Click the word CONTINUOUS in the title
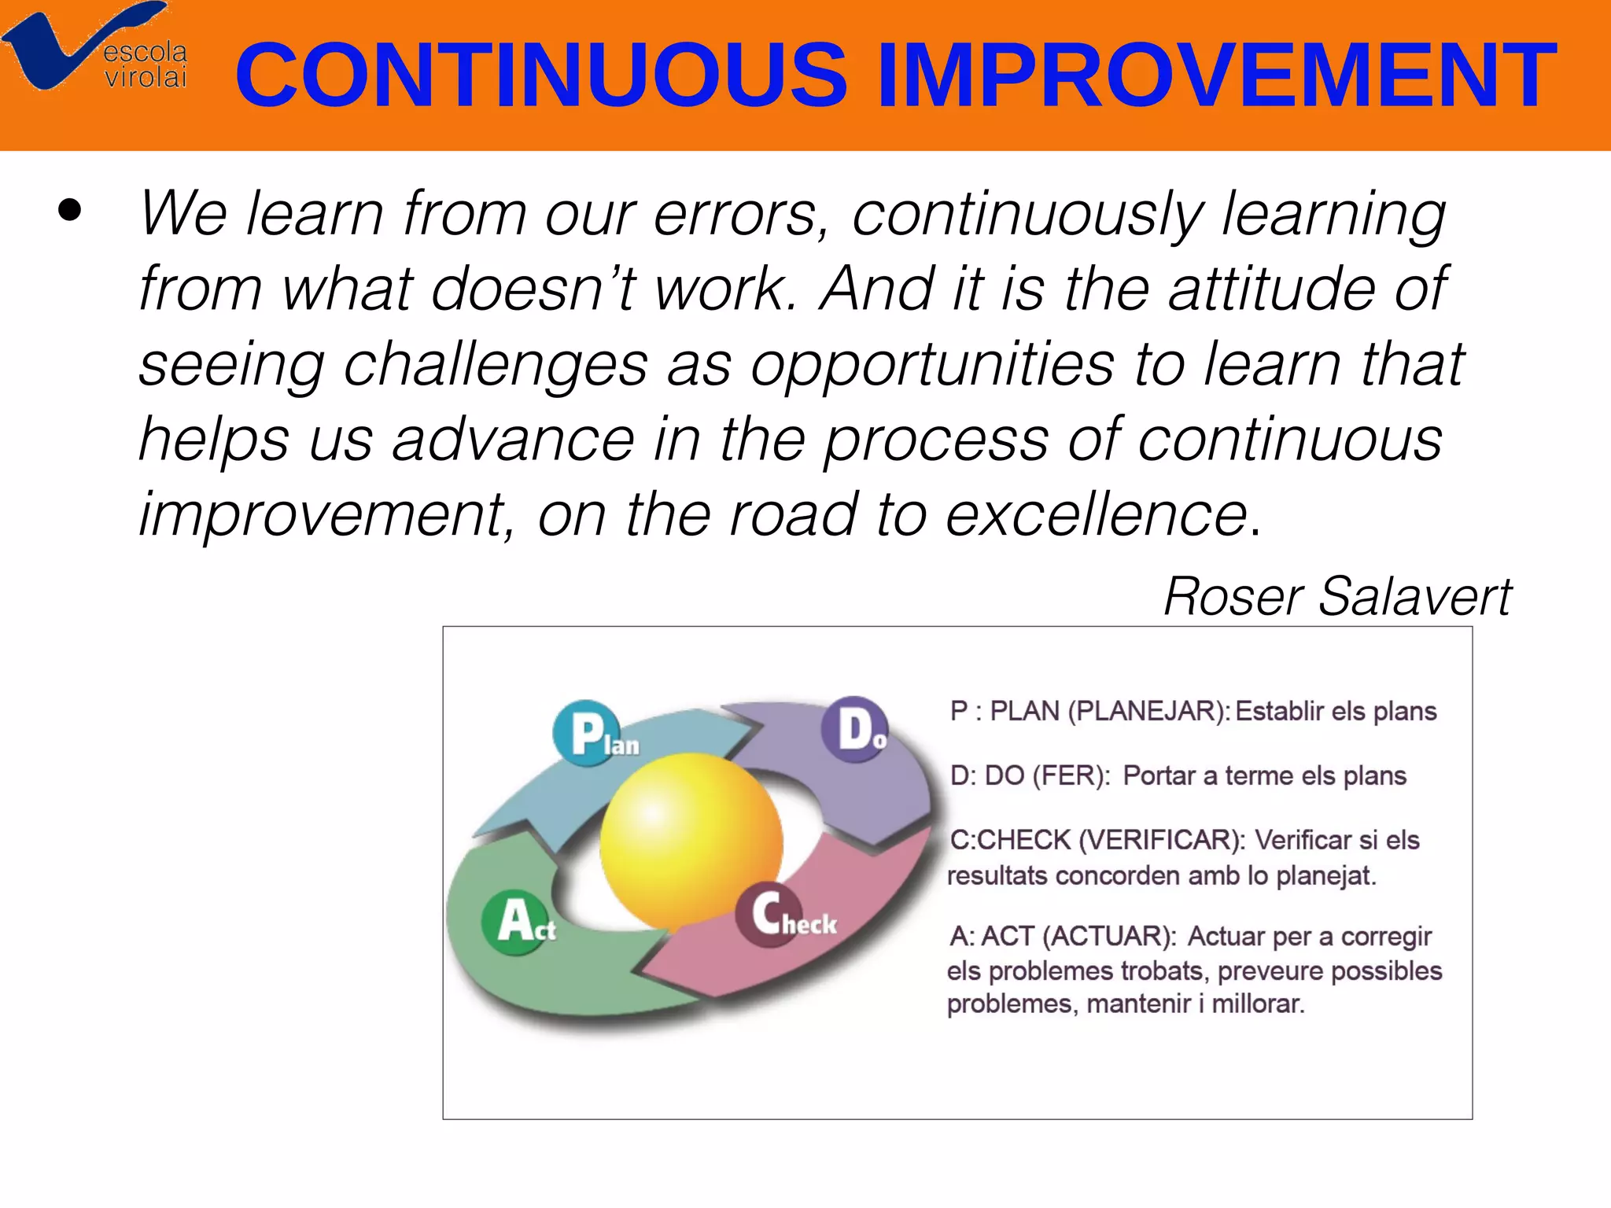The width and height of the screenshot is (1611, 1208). pyautogui.click(x=541, y=75)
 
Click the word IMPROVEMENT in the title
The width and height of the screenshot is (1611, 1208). pyautogui.click(x=1215, y=75)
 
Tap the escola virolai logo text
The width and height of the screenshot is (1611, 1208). pyautogui.click(x=146, y=64)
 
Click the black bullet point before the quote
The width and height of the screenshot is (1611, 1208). pyautogui.click(x=70, y=210)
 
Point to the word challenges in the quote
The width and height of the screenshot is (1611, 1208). pyautogui.click(x=496, y=365)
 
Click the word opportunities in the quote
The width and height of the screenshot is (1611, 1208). pyautogui.click(x=932, y=365)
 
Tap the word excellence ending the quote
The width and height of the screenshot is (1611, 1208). pyautogui.click(x=1097, y=515)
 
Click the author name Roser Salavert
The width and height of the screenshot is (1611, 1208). pyautogui.click(x=1336, y=596)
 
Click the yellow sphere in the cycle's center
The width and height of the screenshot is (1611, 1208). pyautogui.click(x=691, y=842)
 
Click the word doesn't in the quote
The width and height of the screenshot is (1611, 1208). pyautogui.click(x=533, y=289)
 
